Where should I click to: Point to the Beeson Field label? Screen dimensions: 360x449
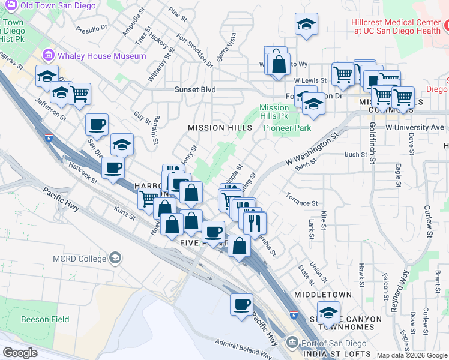[45, 319]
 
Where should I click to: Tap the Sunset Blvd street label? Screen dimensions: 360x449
[178, 90]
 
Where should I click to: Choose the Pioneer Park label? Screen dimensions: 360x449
[288, 128]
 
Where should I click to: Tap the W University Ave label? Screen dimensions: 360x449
[415, 127]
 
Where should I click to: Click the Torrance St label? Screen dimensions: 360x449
[301, 203]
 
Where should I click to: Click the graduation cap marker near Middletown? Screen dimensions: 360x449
[328, 313]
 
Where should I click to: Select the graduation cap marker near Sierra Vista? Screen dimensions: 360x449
[306, 24]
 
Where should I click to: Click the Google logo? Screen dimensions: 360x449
[20, 353]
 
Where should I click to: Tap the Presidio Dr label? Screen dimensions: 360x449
[95, 28]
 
